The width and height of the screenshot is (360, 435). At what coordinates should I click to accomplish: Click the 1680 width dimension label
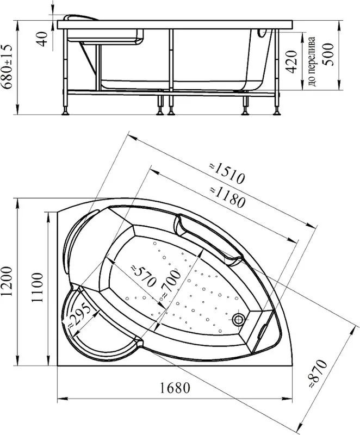(175, 388)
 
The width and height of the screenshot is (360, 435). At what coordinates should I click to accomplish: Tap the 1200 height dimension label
(7, 281)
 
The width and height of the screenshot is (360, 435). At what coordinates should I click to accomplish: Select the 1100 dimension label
(37, 288)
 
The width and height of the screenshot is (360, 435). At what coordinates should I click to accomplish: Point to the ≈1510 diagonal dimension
(227, 173)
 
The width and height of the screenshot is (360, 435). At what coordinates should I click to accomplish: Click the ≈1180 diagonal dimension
(227, 197)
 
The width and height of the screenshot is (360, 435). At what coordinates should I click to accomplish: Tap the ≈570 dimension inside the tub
(143, 276)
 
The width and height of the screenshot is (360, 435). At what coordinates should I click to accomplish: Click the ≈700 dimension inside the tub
(171, 284)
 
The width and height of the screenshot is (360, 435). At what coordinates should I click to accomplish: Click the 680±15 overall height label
(7, 66)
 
